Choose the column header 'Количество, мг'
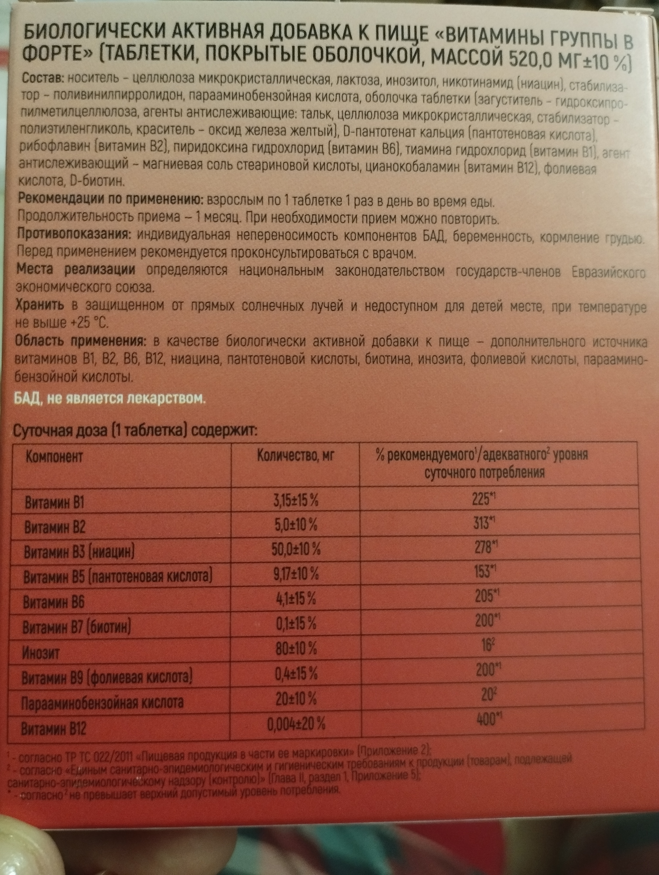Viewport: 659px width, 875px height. [296, 457]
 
